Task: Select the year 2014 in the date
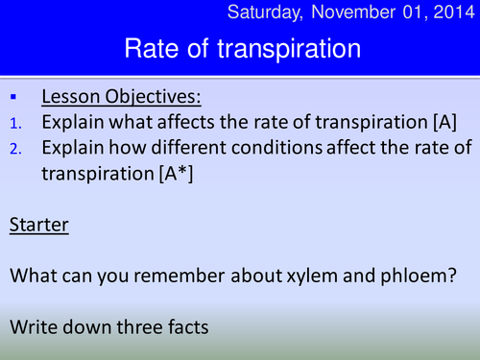point(450,12)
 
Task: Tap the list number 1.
point(14,123)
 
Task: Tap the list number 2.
point(14,148)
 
